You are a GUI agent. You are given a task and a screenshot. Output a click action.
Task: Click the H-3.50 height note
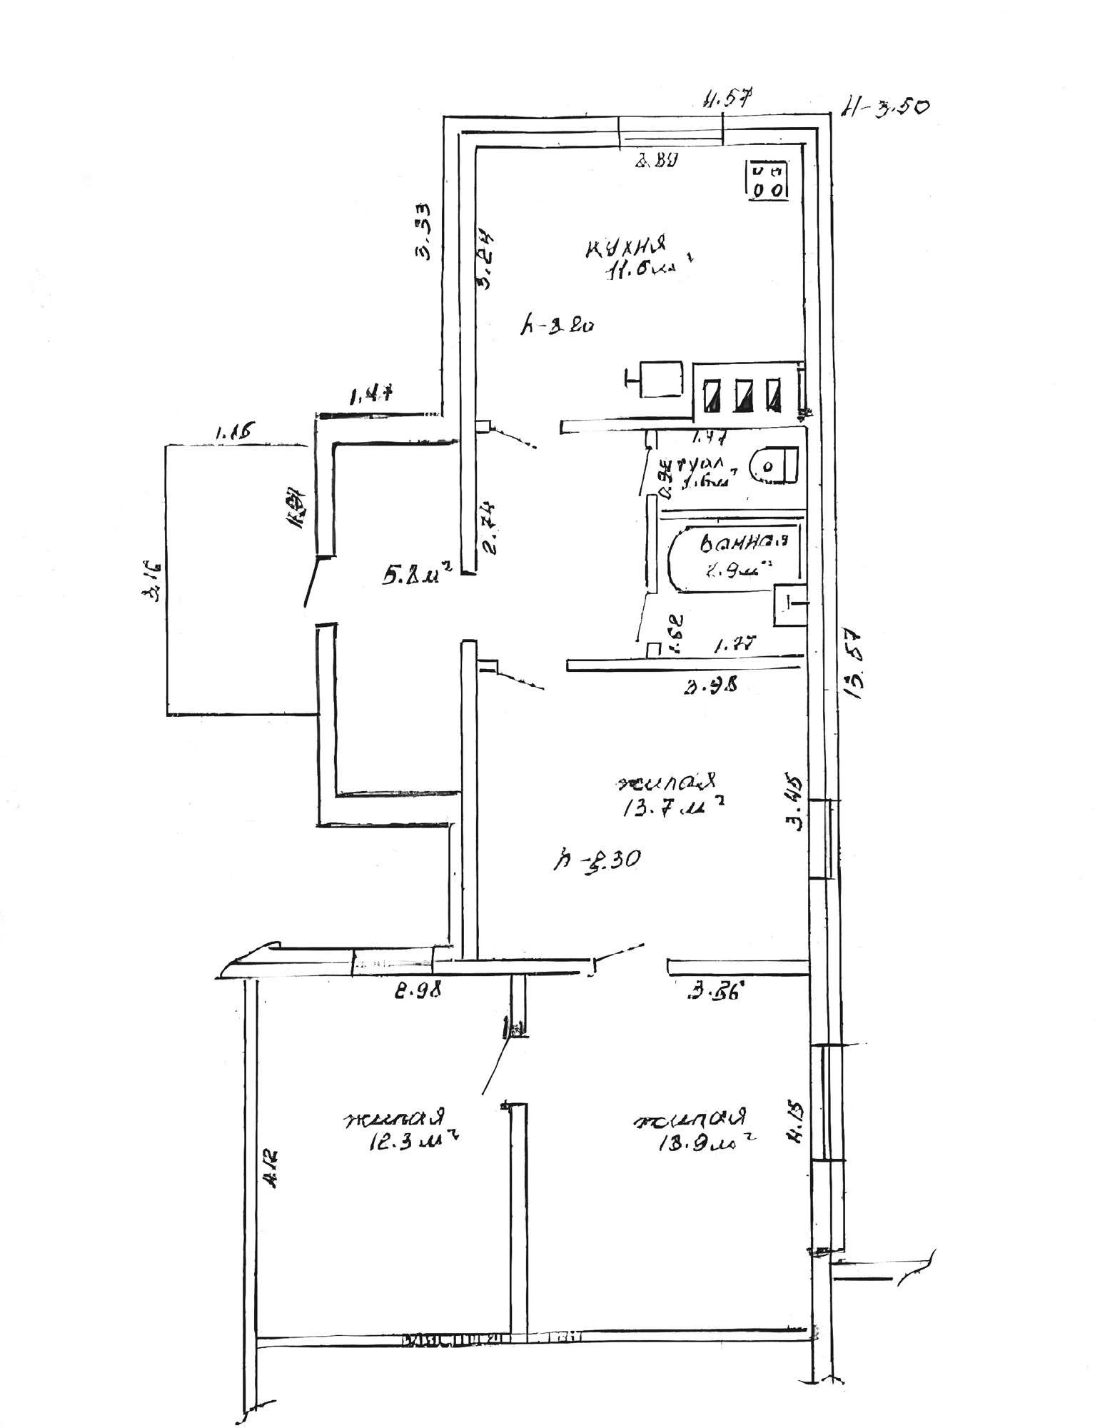click(x=884, y=107)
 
